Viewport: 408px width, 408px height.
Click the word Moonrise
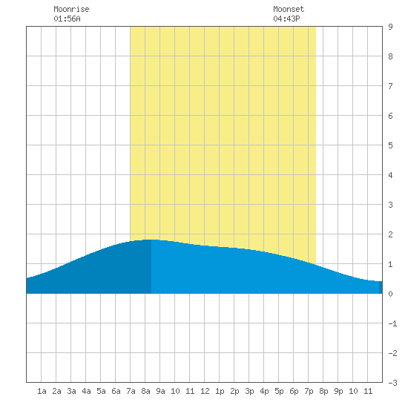pyautogui.click(x=71, y=9)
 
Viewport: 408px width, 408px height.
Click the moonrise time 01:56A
pyautogui.click(x=67, y=19)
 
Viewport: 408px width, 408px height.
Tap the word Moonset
pyautogui.click(x=289, y=9)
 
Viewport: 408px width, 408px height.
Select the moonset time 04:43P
pyautogui.click(x=286, y=19)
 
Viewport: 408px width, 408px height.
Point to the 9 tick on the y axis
pyautogui.click(x=390, y=27)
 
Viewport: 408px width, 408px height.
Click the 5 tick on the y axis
pyautogui.click(x=390, y=145)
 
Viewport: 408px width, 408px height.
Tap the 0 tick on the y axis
pyautogui.click(x=390, y=294)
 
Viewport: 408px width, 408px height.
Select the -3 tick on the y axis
pyautogui.click(x=392, y=383)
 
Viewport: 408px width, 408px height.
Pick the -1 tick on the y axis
pyautogui.click(x=392, y=323)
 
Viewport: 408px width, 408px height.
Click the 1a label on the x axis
pyautogui.click(x=42, y=391)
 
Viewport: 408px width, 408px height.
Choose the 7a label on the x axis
pyautogui.click(x=131, y=391)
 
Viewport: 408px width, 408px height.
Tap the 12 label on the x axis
pyautogui.click(x=205, y=391)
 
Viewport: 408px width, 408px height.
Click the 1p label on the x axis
pyautogui.click(x=220, y=391)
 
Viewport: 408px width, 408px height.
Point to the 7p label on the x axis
pyautogui.click(x=309, y=391)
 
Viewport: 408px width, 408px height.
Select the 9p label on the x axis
pyautogui.click(x=338, y=391)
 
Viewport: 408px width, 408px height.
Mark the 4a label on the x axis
pyautogui.click(x=86, y=391)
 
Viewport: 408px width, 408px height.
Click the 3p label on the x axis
pyautogui.click(x=249, y=391)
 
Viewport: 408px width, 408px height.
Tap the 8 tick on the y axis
pyautogui.click(x=390, y=56)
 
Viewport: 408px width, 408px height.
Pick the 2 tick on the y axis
pyautogui.click(x=390, y=234)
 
